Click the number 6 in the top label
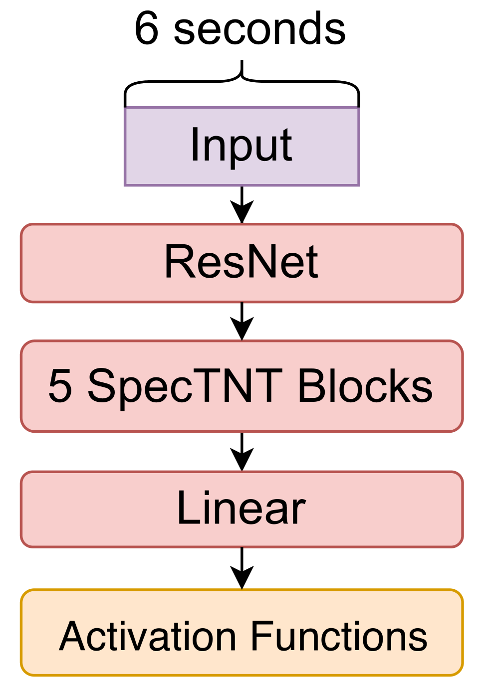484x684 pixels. (x=146, y=29)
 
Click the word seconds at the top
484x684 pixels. (x=259, y=29)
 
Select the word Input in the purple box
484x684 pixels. (x=242, y=146)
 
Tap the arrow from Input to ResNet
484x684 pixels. (x=242, y=204)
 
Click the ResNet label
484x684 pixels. (x=242, y=262)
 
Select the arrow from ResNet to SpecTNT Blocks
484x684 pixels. (x=242, y=322)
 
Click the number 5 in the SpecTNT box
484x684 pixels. (x=60, y=386)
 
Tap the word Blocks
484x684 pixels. (x=365, y=386)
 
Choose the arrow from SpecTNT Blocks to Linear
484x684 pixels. (x=242, y=452)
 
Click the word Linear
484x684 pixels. (x=242, y=509)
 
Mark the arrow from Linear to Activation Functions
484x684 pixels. (x=242, y=568)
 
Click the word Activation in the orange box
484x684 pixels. (x=147, y=637)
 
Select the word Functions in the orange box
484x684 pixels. (x=339, y=637)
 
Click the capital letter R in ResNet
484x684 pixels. (x=177, y=262)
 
